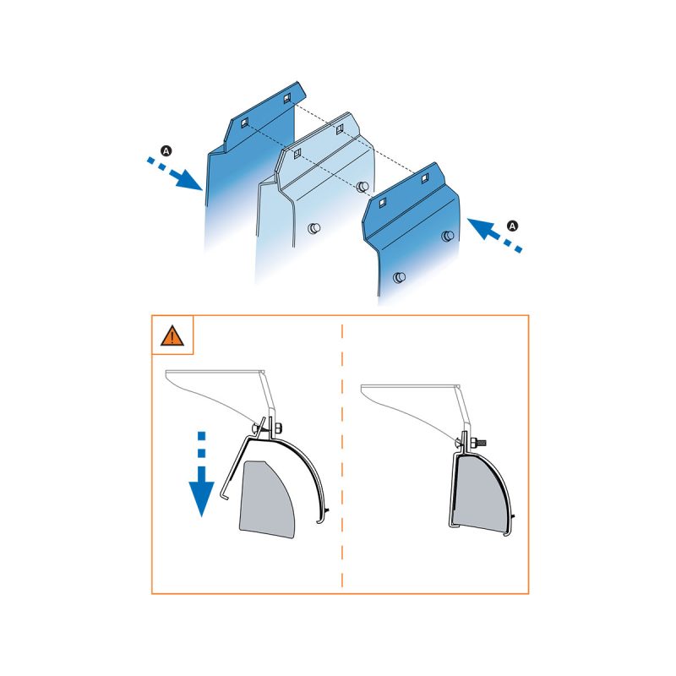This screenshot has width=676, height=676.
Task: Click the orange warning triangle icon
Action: tap(172, 335)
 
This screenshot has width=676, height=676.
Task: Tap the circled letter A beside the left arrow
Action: tap(166, 151)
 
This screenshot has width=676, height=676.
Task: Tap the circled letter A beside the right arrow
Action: tap(512, 226)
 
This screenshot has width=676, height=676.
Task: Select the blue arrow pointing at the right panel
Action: tap(495, 235)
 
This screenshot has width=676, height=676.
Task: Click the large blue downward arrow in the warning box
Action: tap(201, 474)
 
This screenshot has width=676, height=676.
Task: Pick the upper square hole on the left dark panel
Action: tap(286, 99)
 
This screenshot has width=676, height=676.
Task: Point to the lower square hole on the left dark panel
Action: tap(244, 123)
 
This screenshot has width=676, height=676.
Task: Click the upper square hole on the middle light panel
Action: tap(340, 128)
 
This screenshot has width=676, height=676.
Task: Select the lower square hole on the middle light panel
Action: tap(297, 154)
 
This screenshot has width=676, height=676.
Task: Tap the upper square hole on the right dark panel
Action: tap(425, 177)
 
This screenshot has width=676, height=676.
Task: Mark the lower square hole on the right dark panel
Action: tap(383, 202)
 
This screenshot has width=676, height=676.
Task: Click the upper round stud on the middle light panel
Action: tap(363, 187)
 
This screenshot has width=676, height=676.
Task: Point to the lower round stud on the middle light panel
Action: tap(314, 227)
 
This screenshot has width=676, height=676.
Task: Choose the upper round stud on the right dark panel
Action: tap(448, 236)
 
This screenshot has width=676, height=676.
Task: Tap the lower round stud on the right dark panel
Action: tap(400, 277)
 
